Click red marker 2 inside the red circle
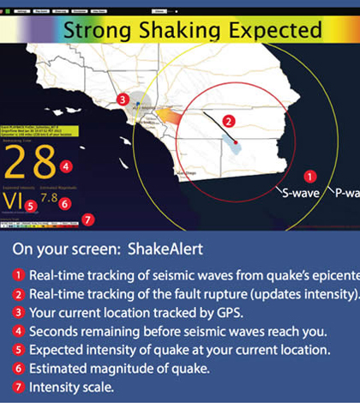point(228,121)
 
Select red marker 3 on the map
point(123,99)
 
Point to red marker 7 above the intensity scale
point(89,218)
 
